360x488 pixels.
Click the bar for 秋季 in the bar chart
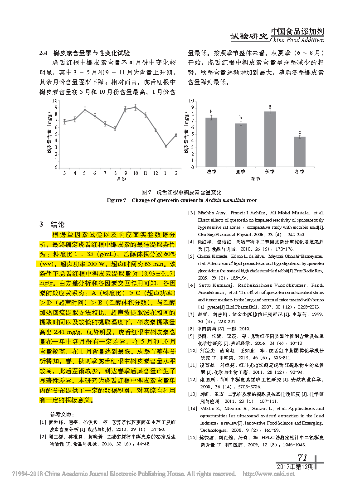[270, 139]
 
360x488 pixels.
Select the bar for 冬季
[300, 152]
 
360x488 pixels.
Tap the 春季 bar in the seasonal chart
[211, 142]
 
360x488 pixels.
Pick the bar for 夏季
[241, 145]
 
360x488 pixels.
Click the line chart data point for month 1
[166, 146]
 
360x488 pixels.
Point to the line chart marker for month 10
[136, 107]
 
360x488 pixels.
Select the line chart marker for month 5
[84, 109]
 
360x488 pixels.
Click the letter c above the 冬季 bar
[300, 132]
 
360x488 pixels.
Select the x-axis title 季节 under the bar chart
[255, 180]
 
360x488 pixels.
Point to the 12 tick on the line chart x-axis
[156, 173]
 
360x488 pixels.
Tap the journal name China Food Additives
[297, 40]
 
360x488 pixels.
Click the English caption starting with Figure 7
[181, 200]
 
